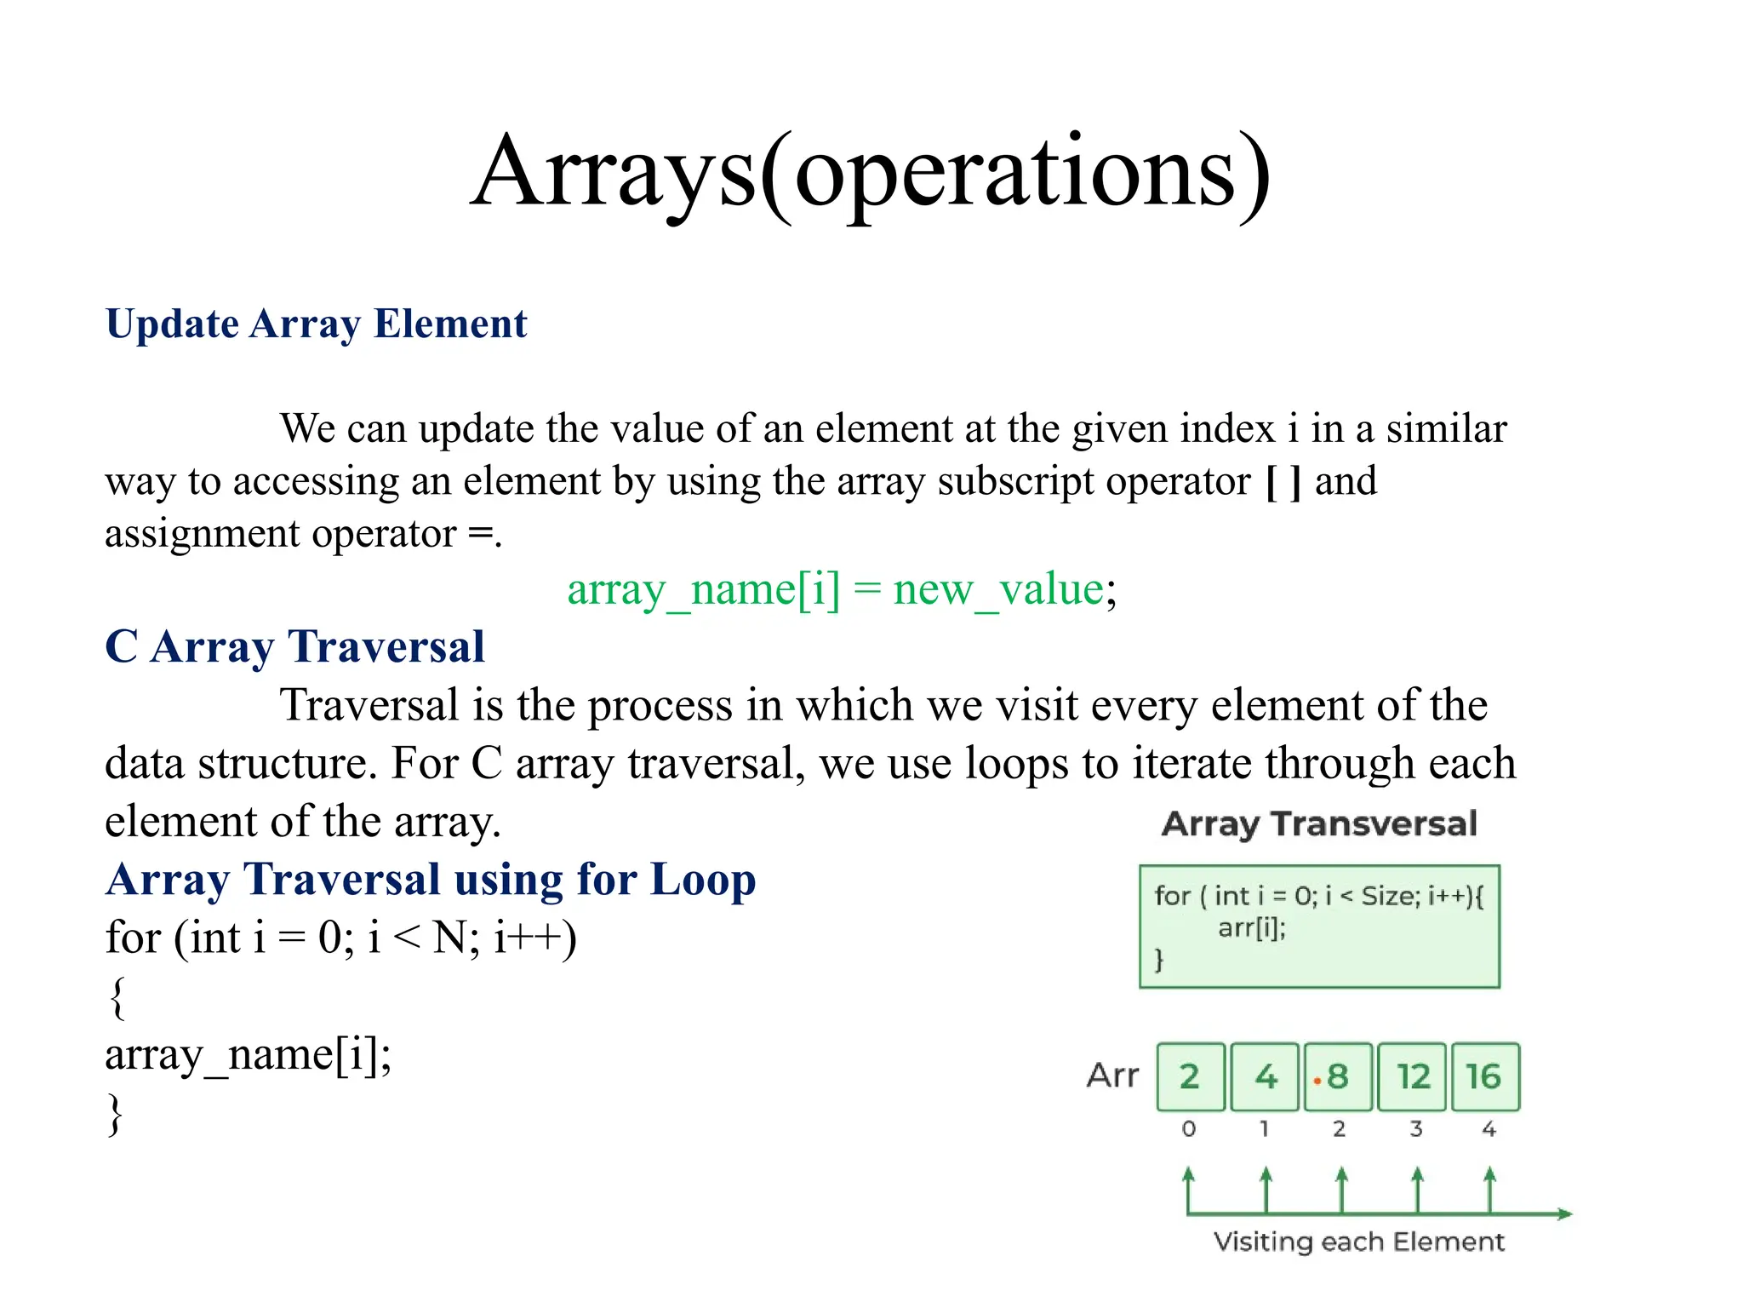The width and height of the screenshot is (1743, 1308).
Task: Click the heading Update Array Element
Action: tap(316, 324)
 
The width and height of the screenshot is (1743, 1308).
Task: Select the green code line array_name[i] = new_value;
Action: tap(841, 589)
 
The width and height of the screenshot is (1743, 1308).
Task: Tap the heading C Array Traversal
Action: tap(294, 646)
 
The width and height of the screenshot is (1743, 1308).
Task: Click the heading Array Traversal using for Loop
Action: tap(431, 880)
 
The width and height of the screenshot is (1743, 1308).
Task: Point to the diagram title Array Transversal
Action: tap(1318, 824)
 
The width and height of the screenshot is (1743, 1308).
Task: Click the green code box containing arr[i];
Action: tap(1318, 926)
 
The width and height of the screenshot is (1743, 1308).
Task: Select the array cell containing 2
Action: tap(1190, 1077)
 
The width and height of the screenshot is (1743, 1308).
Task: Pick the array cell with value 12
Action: tap(1412, 1077)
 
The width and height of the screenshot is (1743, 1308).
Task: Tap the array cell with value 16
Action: tap(1484, 1077)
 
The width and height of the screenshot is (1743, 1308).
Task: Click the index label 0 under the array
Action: tap(1189, 1129)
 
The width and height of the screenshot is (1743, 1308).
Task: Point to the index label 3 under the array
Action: tap(1415, 1129)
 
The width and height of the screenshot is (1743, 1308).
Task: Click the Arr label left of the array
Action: tap(1112, 1076)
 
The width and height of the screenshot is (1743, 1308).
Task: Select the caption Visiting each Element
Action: tap(1358, 1242)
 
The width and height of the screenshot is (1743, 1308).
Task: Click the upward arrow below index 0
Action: tap(1189, 1188)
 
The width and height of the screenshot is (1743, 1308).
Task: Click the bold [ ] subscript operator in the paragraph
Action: tap(1283, 482)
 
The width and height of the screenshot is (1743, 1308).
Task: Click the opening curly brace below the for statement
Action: tap(117, 997)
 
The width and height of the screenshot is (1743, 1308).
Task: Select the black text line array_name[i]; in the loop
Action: tap(248, 1056)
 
